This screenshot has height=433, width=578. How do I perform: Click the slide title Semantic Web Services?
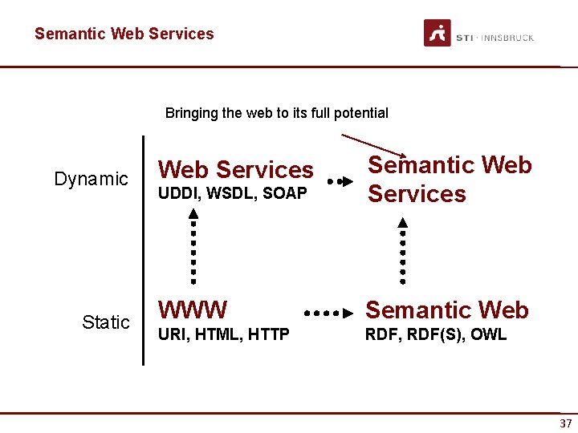pos(124,34)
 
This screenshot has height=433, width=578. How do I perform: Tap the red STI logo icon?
pos(438,34)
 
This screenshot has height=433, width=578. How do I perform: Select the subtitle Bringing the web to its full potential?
pos(276,113)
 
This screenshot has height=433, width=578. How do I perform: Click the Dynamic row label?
pos(91,179)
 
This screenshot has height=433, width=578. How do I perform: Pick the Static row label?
pos(105,322)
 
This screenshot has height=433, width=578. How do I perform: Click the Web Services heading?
pos(236,170)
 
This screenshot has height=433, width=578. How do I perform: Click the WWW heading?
pos(193,310)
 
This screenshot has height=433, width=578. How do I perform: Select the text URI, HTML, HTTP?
pos(223,334)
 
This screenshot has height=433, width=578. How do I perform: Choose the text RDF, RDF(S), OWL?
pos(436,334)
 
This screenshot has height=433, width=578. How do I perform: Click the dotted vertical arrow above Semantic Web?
pos(402,251)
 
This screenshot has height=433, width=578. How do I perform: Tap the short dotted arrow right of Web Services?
pos(340,182)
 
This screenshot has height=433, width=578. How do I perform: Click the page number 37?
pos(566,423)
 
